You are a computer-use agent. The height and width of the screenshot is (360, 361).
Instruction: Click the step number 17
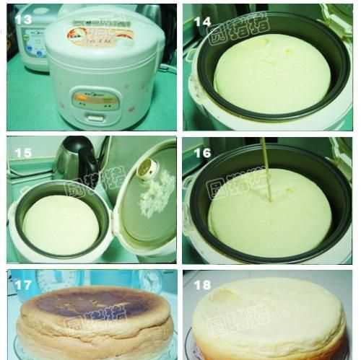25,285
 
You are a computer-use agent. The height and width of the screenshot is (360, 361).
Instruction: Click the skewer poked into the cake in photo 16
266,170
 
